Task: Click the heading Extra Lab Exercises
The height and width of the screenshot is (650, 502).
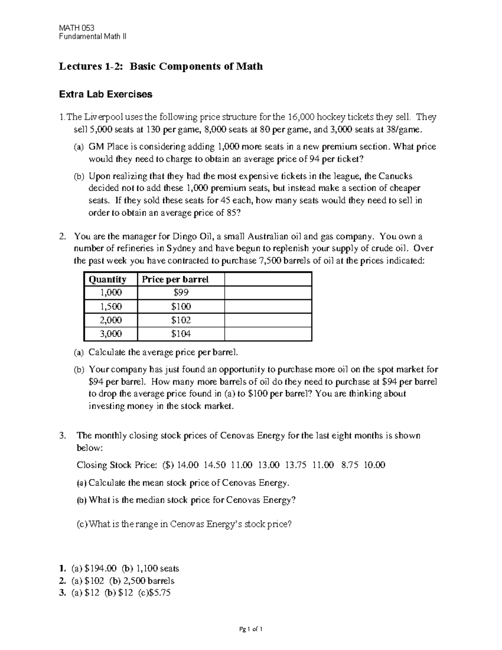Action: [x=105, y=94]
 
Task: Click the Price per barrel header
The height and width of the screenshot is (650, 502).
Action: [x=175, y=280]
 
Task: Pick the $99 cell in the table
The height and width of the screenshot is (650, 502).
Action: [x=181, y=293]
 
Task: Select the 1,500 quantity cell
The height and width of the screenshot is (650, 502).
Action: [x=111, y=307]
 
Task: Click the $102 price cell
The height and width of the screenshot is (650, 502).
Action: [x=181, y=320]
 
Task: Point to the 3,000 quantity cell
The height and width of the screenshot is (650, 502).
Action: [x=111, y=334]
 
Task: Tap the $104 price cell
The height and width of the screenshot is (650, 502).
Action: [x=181, y=334]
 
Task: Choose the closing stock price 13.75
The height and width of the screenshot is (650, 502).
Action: [x=296, y=465]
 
